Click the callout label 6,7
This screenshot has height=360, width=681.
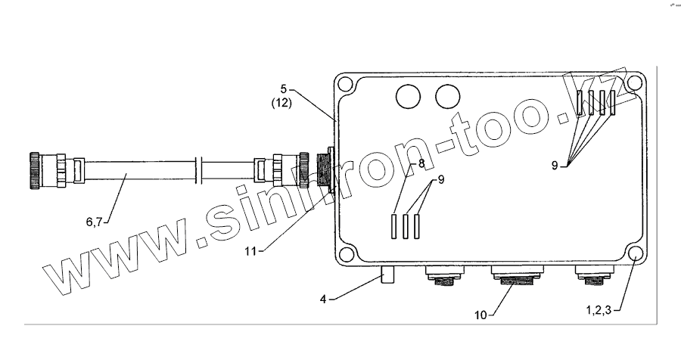point(95,222)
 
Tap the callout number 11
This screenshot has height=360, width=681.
point(250,251)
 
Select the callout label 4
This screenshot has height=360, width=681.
point(322,299)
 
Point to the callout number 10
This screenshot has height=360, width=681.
point(480,315)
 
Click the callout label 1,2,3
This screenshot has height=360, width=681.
point(599,310)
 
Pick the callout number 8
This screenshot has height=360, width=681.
point(421,163)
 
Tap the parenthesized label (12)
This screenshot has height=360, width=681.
point(281,103)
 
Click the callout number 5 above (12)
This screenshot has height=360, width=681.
point(284,89)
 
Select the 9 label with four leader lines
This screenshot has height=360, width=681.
point(555,165)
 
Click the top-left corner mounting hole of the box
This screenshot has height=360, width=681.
point(345,83)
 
